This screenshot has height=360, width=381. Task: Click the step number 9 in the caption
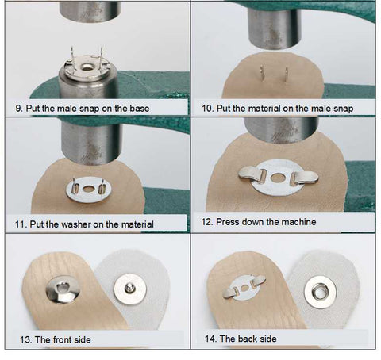18,109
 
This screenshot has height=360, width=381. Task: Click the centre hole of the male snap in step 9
87,67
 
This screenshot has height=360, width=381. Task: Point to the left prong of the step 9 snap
72,56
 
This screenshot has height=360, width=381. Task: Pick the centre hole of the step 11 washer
88,189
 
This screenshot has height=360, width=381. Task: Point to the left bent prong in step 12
252,174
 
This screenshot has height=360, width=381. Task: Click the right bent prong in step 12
304,178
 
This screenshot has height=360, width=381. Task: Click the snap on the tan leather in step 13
63,289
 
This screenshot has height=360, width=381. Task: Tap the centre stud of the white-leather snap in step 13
129,287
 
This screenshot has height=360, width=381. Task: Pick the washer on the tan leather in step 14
244,288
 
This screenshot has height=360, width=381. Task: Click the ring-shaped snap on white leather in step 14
320,292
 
